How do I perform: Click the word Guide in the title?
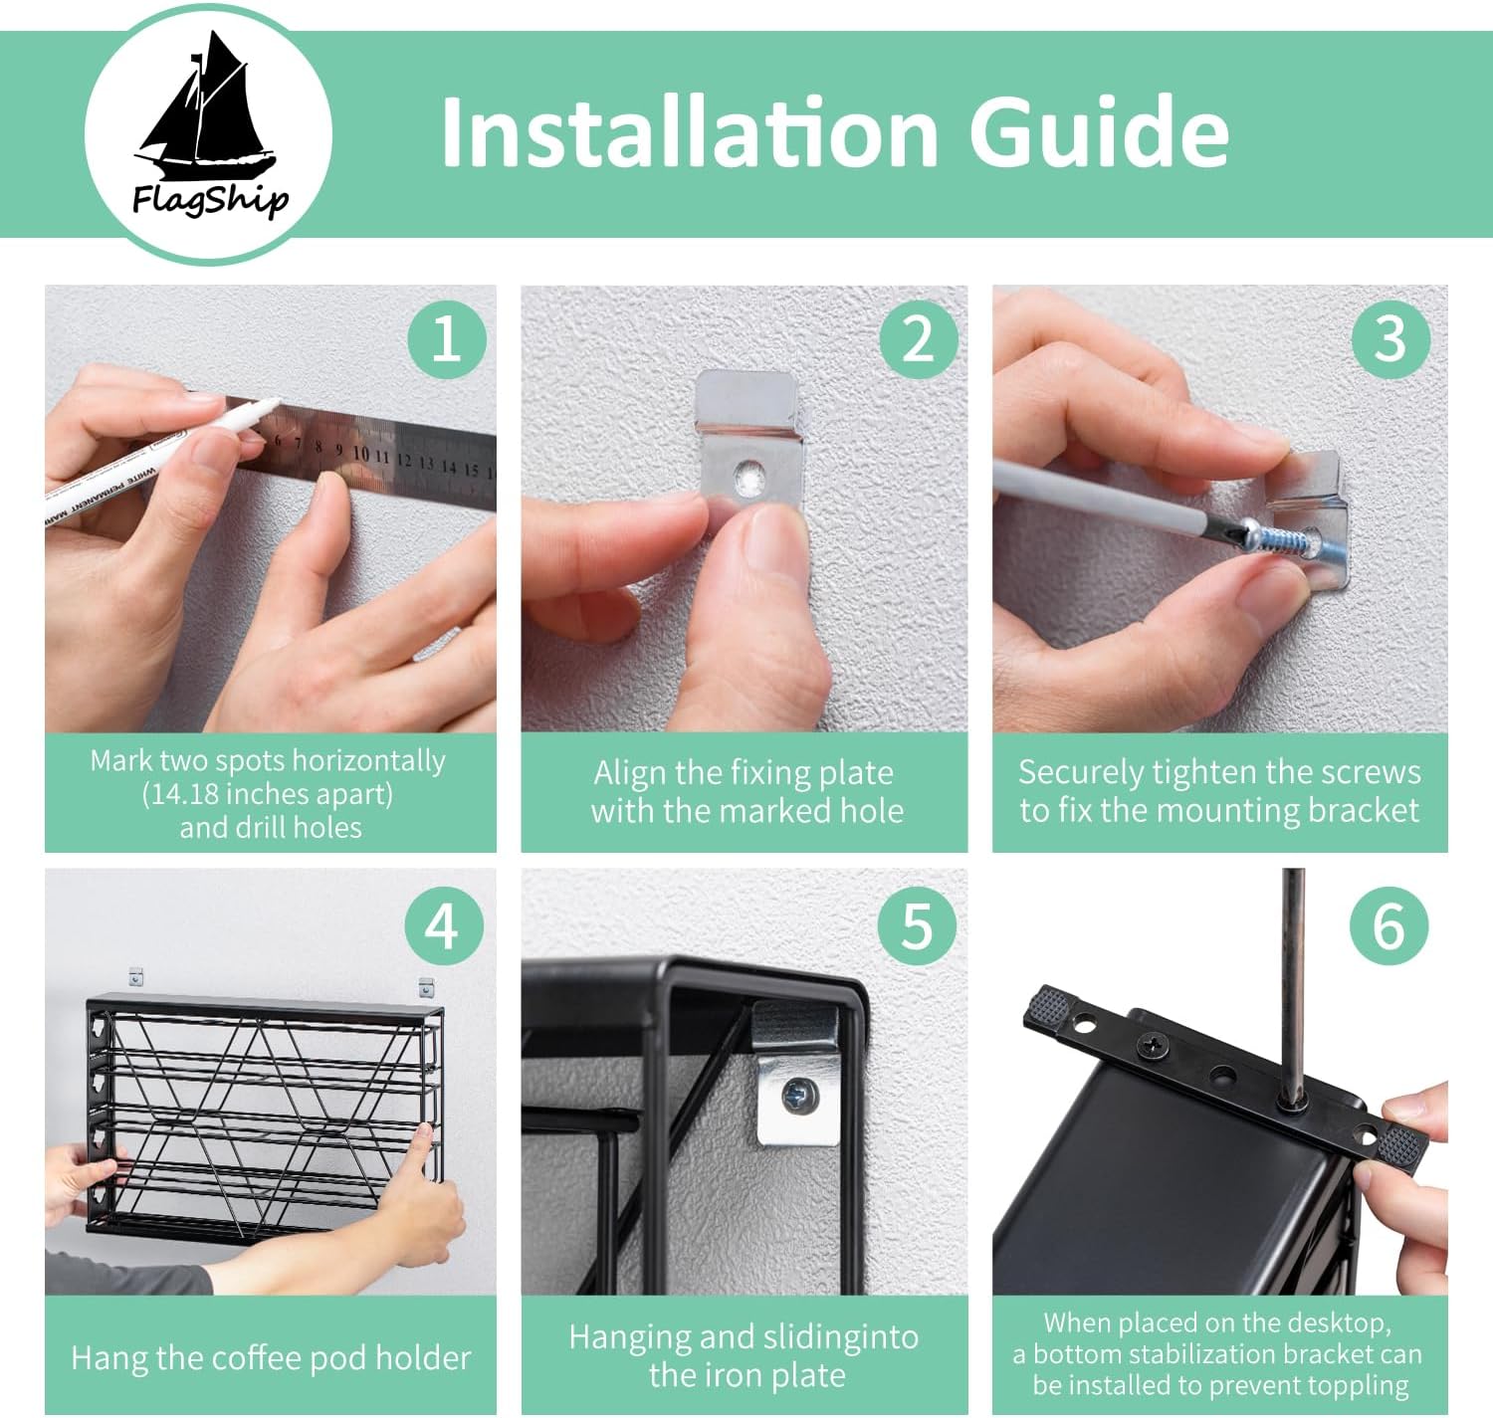(1098, 131)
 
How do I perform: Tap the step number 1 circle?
(447, 339)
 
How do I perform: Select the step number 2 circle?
(918, 339)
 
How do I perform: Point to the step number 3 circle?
(1390, 339)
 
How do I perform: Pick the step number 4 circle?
(444, 925)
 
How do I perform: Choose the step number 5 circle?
(917, 925)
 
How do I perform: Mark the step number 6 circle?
(1388, 925)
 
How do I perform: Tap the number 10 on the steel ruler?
(360, 454)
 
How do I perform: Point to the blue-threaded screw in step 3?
(1283, 540)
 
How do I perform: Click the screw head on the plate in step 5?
(799, 1096)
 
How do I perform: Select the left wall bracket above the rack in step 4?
(136, 977)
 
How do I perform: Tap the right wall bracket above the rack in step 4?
(426, 988)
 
